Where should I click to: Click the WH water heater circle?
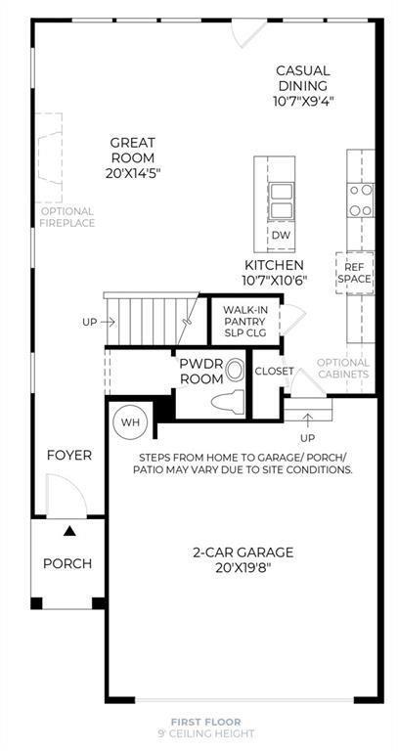click(128, 423)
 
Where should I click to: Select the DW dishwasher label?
click(281, 236)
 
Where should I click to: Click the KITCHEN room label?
click(274, 265)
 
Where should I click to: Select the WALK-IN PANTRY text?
click(239, 317)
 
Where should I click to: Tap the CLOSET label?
click(275, 371)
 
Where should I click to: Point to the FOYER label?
click(69, 456)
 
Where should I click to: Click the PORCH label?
click(67, 563)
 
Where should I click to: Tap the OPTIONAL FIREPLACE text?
click(67, 217)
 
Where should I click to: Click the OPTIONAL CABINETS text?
click(343, 368)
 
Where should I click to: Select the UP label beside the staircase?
click(90, 322)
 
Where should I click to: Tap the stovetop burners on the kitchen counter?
click(361, 199)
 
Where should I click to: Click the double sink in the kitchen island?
click(281, 200)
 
